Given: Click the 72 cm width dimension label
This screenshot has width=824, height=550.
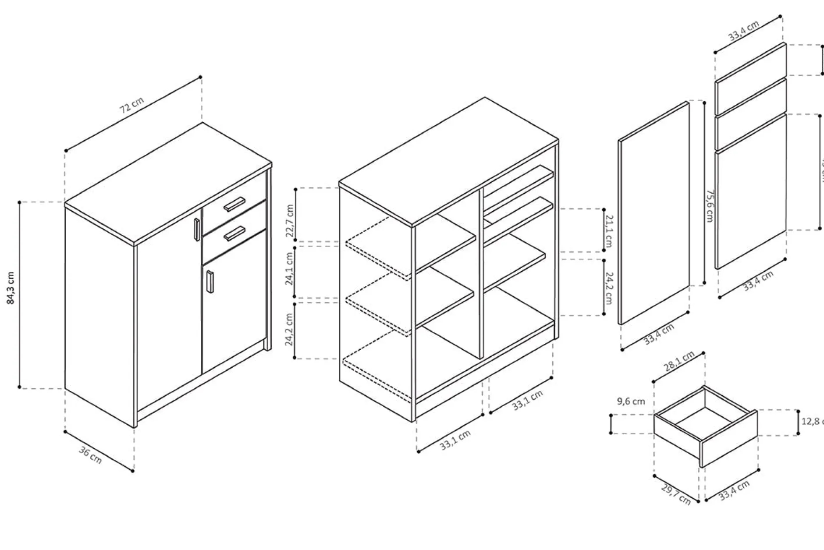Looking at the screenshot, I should click(131, 106).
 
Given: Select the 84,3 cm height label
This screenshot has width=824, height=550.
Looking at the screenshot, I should click(11, 287).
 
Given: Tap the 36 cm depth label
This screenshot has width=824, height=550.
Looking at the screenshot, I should click(90, 455).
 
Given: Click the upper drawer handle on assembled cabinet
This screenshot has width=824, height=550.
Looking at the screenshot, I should click(234, 204).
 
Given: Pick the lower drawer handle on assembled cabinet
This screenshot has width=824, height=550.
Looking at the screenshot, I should click(234, 234).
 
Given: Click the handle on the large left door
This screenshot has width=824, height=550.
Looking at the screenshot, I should click(197, 229).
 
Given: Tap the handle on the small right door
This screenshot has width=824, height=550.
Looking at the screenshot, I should click(210, 281).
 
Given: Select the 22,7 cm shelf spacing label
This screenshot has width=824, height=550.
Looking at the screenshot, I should click(290, 220).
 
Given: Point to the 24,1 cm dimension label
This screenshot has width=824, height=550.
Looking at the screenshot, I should click(290, 269).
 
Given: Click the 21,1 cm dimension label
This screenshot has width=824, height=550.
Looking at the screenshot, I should click(608, 231).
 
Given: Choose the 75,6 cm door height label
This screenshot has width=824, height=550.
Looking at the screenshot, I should click(709, 206).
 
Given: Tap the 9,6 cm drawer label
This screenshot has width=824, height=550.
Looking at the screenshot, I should click(631, 401).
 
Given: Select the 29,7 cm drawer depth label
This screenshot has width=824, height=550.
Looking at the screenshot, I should click(675, 494).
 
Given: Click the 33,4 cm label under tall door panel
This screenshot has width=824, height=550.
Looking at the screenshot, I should click(659, 334).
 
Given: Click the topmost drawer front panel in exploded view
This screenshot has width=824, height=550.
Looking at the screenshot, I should click(750, 62).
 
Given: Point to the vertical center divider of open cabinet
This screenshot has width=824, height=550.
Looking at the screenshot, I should click(481, 272).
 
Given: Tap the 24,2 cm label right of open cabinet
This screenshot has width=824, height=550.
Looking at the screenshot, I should click(608, 288).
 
